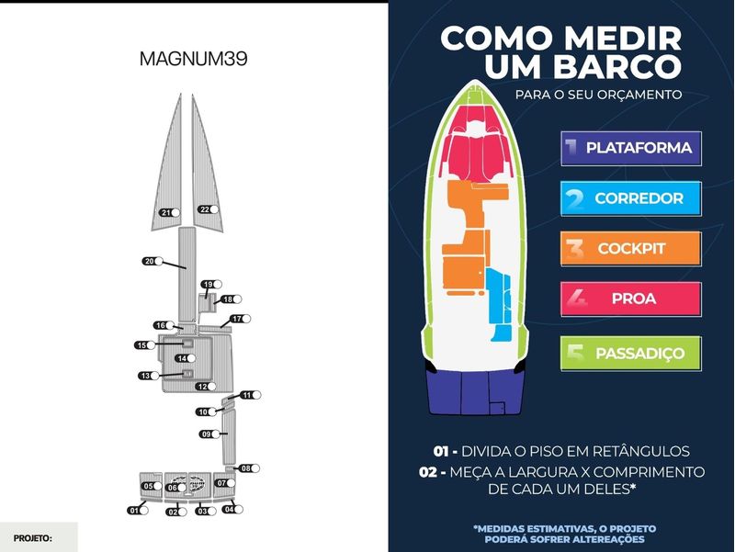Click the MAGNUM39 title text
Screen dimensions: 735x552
click(193, 59)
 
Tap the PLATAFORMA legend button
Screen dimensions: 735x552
click(631, 148)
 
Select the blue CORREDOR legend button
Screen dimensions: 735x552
click(631, 198)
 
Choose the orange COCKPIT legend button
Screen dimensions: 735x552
click(631, 248)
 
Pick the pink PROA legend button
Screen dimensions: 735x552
click(631, 299)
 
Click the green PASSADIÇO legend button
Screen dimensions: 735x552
click(631, 354)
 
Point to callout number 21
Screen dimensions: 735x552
click(169, 212)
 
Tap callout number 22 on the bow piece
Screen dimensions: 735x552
click(209, 209)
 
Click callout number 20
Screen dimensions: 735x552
click(153, 261)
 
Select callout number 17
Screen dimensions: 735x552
click(241, 319)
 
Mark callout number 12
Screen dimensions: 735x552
click(206, 387)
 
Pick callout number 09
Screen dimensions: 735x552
click(209, 434)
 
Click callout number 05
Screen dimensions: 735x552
click(152, 486)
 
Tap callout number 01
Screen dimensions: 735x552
click(138, 511)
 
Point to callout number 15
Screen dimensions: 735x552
click(144, 345)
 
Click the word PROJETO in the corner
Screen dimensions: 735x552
click(32, 538)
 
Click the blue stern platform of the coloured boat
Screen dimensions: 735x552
click(475, 392)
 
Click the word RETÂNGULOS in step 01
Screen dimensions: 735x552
click(640, 451)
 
